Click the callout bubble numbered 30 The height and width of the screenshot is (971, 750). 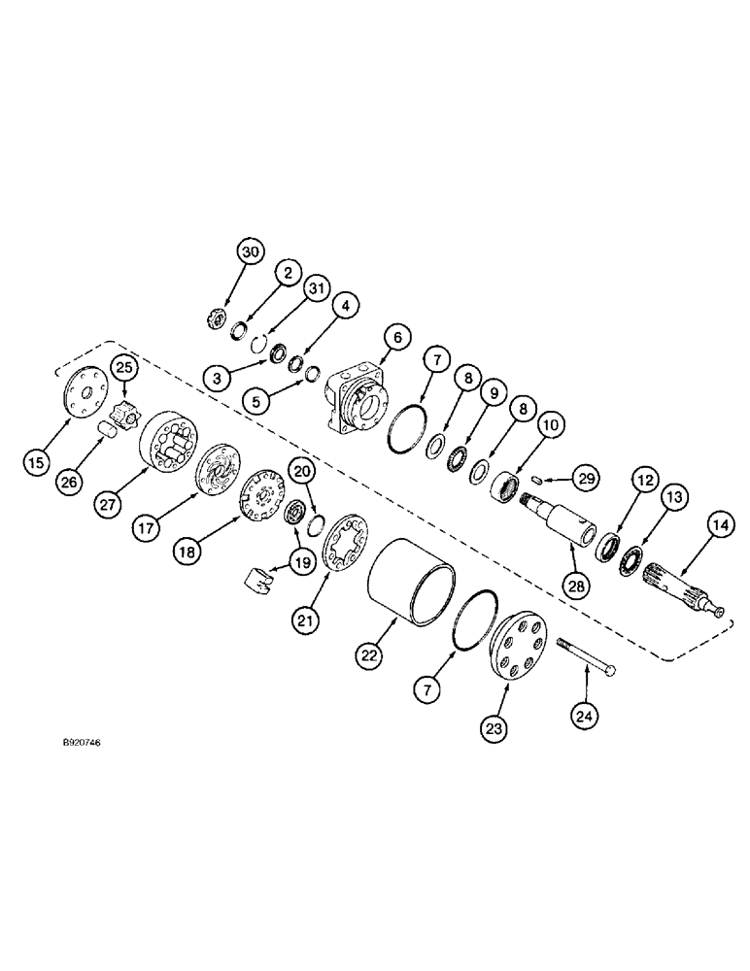tap(251, 251)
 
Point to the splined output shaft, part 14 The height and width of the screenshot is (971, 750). tap(687, 586)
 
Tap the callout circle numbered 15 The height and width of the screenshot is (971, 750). tap(36, 462)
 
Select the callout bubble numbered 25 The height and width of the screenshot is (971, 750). tap(122, 367)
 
